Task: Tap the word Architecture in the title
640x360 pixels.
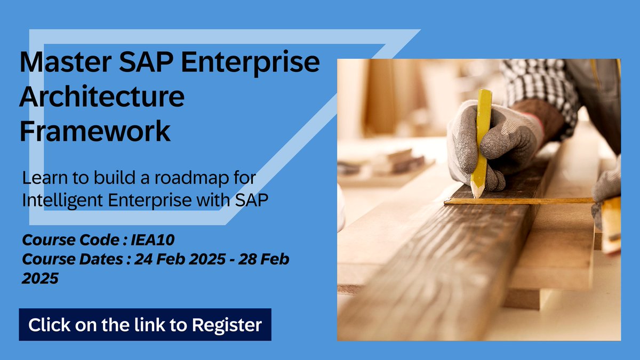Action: point(102,98)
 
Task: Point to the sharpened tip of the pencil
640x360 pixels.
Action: point(476,194)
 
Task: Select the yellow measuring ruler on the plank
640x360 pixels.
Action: point(523,201)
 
